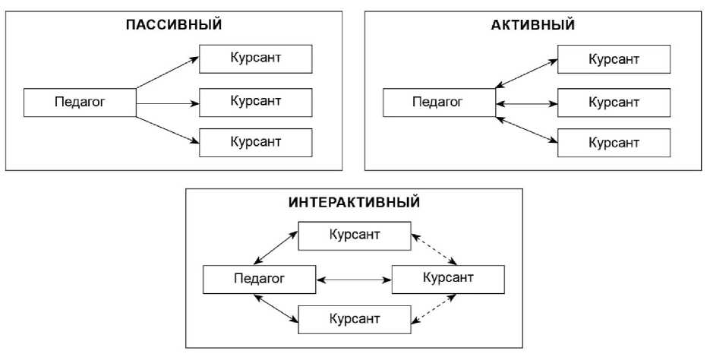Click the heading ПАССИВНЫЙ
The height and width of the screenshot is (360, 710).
point(174,24)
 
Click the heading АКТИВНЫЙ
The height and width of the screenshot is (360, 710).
point(533,24)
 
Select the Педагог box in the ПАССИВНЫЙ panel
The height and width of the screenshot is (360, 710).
point(80,103)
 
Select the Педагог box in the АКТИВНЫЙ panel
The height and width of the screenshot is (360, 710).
point(439,103)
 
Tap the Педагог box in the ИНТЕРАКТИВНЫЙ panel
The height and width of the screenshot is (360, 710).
point(259,279)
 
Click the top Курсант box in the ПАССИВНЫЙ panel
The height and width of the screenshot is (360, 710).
point(255,59)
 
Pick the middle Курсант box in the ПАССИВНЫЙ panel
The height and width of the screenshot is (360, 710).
point(255,100)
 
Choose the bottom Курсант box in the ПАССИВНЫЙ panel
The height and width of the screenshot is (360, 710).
point(255,142)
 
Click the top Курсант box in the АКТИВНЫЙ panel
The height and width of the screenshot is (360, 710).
point(614,59)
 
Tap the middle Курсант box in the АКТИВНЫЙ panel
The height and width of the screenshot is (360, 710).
point(614,100)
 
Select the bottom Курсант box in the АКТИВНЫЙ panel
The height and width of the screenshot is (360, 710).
point(614,142)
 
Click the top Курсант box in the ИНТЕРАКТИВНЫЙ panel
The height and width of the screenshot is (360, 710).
point(355,236)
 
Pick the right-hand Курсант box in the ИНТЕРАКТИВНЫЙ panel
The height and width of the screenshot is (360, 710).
point(447,279)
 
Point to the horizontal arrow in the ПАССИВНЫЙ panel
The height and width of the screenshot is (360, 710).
point(167,103)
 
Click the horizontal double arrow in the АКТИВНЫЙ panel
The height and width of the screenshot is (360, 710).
point(526,103)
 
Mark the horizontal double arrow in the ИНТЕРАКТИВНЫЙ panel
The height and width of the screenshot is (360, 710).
point(353,280)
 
